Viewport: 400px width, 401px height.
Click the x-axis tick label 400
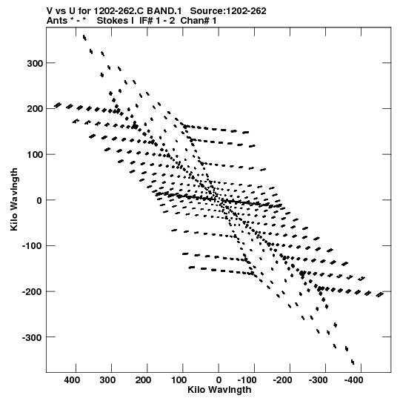click(72, 380)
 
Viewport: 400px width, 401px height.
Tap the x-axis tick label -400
click(353, 380)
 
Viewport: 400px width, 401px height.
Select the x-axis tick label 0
click(219, 380)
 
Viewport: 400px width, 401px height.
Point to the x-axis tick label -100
click(247, 380)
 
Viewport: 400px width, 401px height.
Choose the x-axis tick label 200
click(143, 380)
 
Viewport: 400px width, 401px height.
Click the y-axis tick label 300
click(35, 63)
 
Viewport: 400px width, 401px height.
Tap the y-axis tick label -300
click(32, 337)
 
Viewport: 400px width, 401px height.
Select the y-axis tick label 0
click(39, 200)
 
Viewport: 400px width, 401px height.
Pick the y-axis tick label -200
click(32, 292)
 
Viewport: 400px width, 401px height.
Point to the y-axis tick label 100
click(35, 155)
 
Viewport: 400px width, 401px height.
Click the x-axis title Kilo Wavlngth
click(219, 389)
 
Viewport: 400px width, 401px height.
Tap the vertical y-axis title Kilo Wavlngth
click(14, 199)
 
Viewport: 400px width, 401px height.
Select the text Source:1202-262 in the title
click(228, 11)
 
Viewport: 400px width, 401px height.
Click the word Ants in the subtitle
click(57, 21)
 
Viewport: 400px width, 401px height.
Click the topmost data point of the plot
click(84, 38)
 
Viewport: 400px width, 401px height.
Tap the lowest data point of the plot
click(353, 362)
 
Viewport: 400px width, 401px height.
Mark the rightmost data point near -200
click(380, 294)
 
